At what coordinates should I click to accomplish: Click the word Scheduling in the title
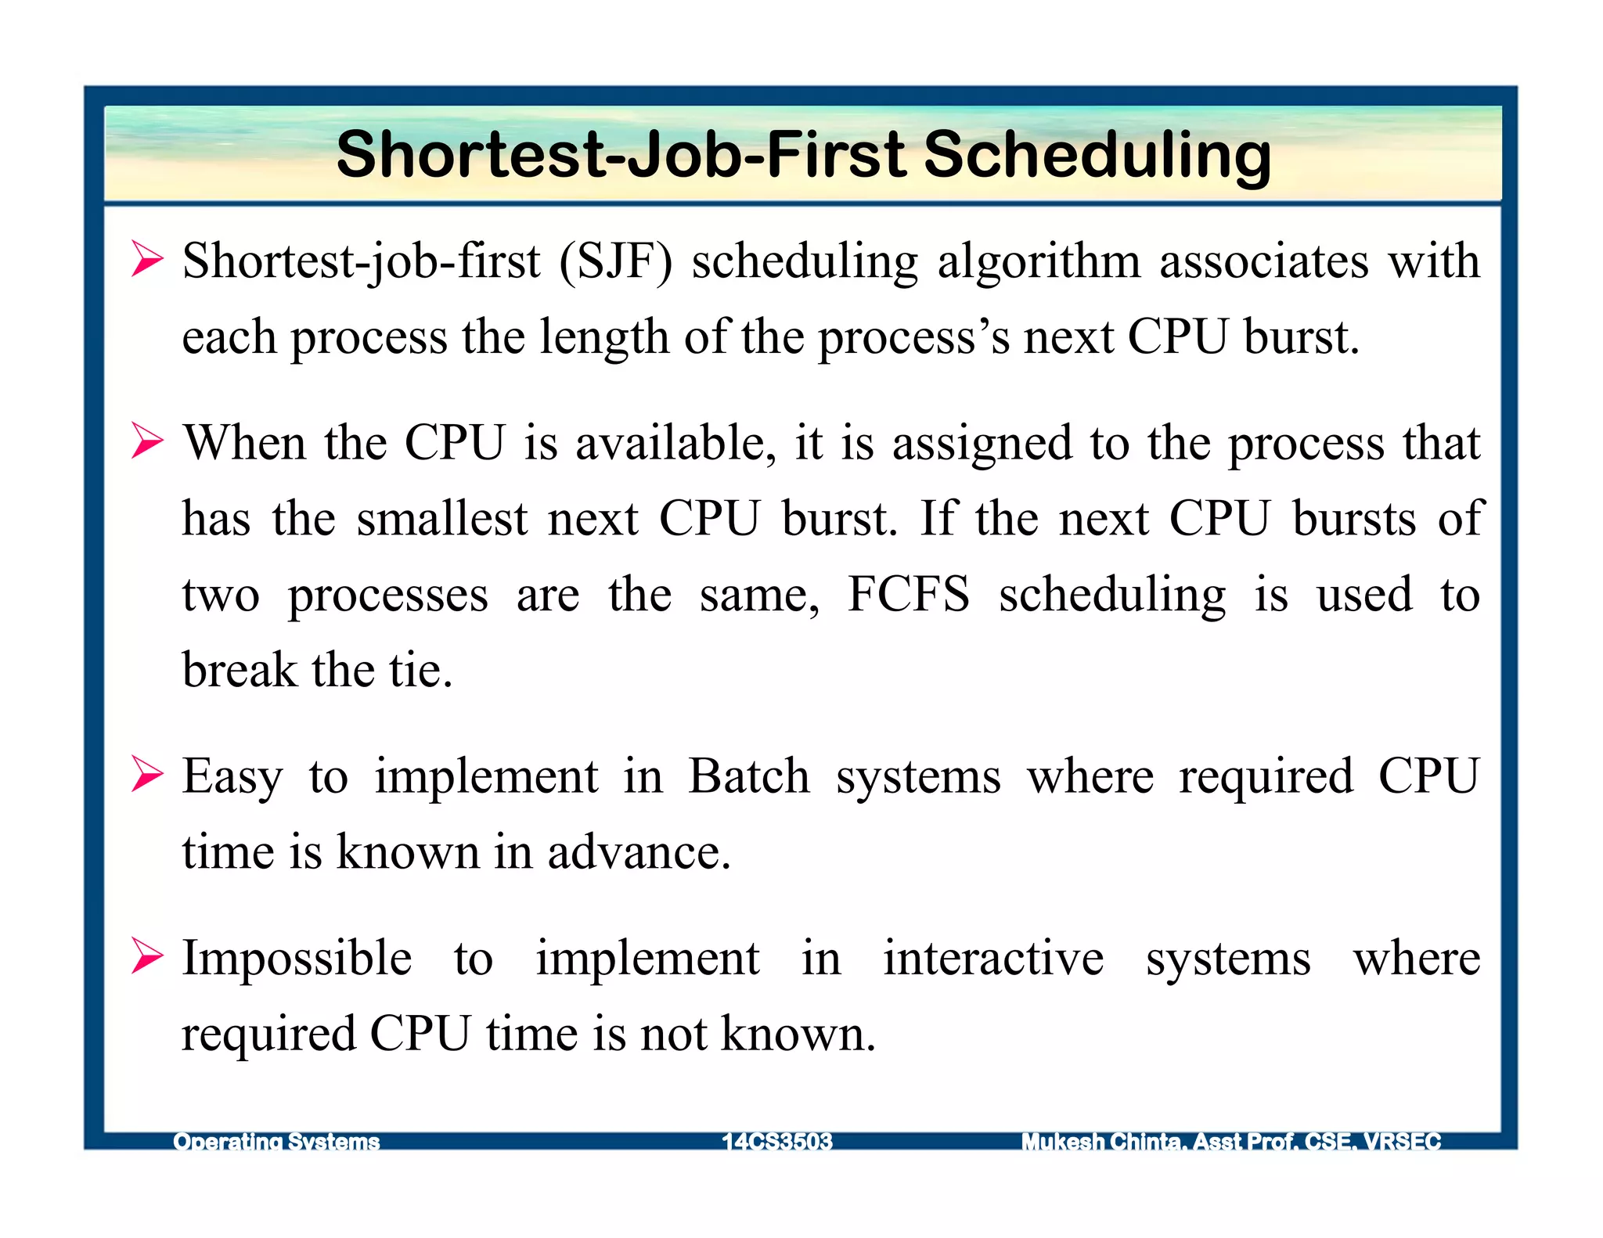coord(1097,155)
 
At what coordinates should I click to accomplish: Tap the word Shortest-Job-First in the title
coord(621,155)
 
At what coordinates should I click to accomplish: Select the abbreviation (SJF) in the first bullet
coord(615,261)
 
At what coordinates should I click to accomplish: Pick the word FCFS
coord(909,594)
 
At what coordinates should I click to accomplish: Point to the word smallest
coord(442,519)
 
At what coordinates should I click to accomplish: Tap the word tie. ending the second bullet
coord(420,671)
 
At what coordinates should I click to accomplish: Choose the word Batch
coord(749,776)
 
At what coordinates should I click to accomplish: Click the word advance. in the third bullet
coord(639,852)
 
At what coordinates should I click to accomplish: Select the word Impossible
coord(297,958)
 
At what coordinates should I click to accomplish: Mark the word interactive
coord(993,958)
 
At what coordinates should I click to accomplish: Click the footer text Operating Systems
coord(276,1142)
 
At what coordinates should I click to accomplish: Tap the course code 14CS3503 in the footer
coord(776,1142)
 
